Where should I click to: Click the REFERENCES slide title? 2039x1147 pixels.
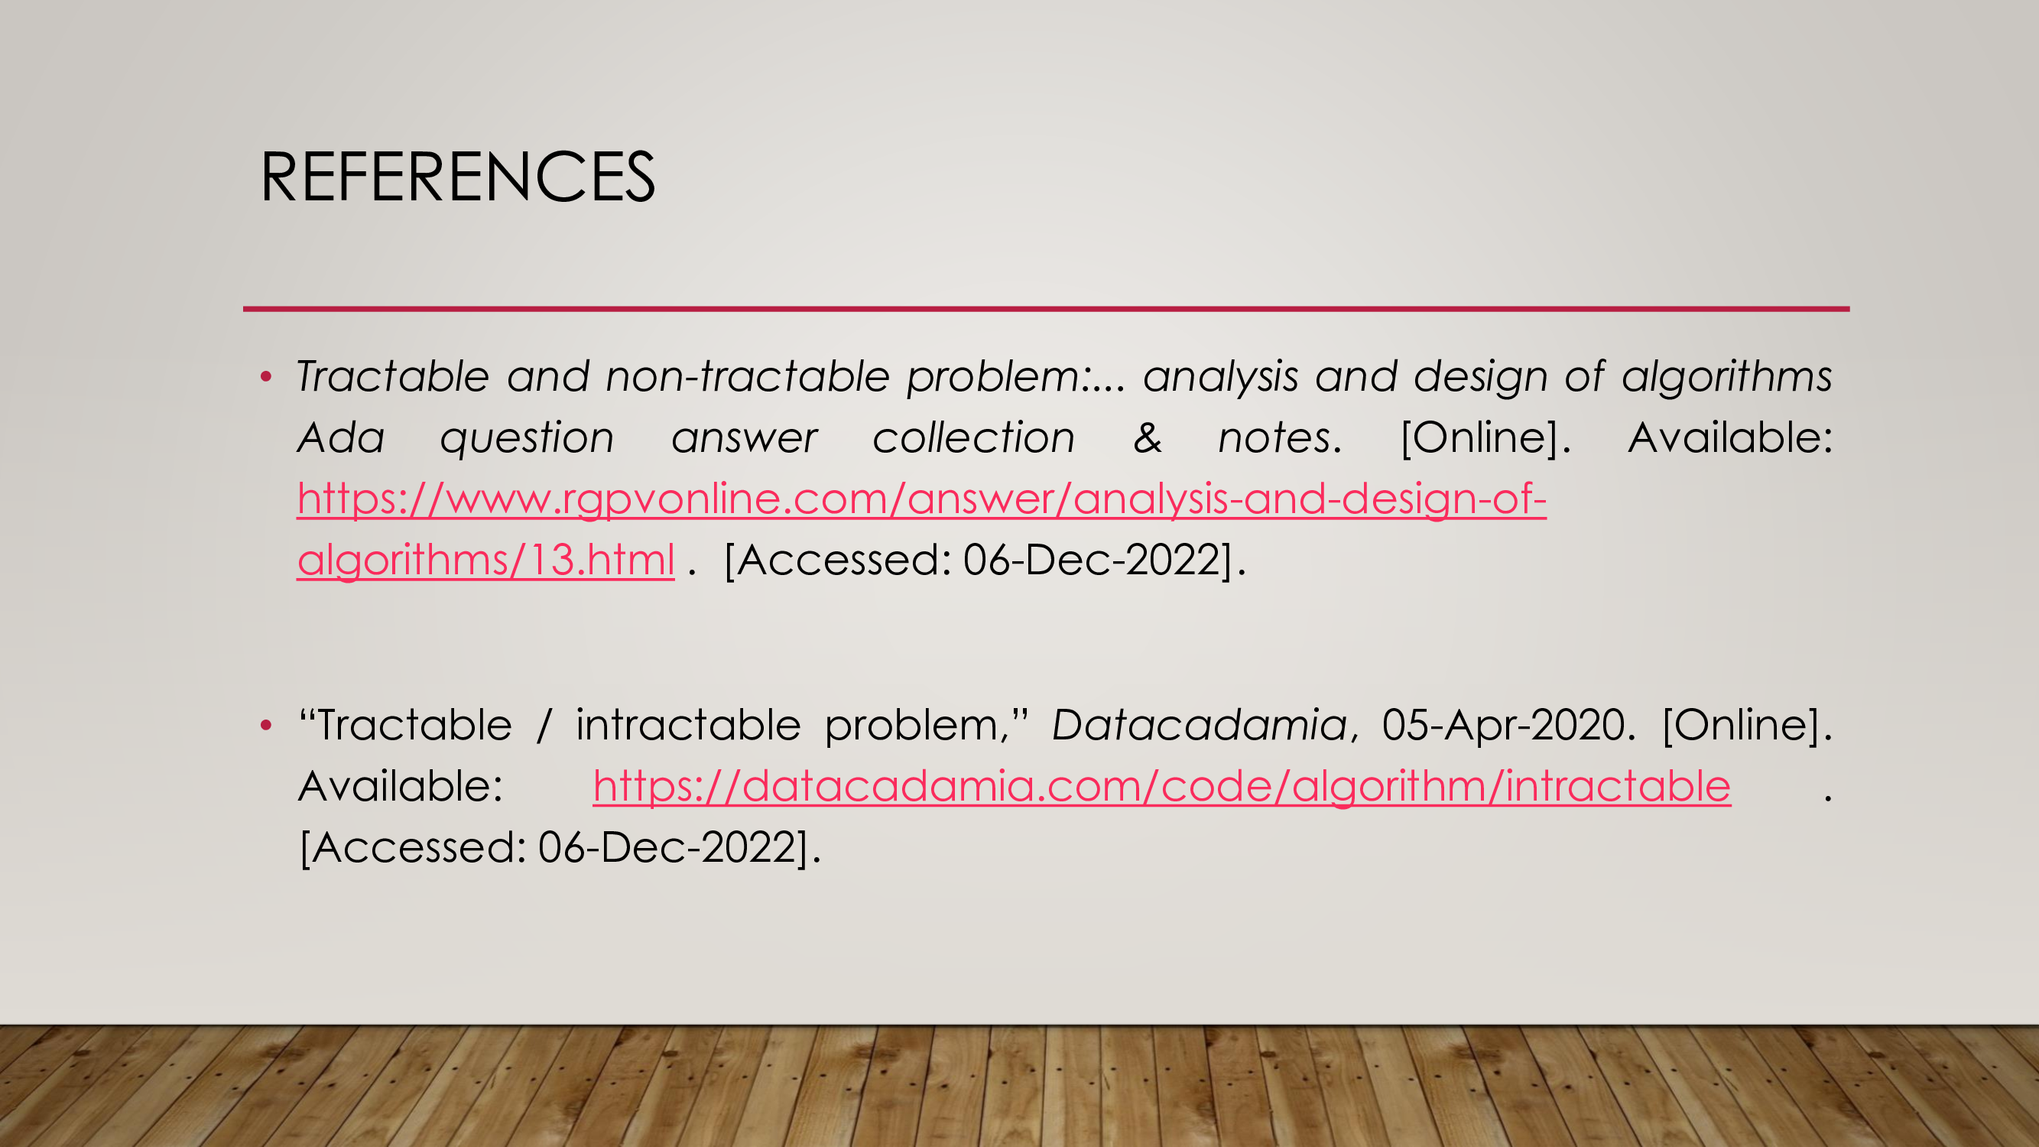pyautogui.click(x=457, y=177)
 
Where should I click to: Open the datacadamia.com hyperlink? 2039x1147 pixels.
pyautogui.click(x=1162, y=787)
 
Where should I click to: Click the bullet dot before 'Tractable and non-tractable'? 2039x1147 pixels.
pyautogui.click(x=266, y=377)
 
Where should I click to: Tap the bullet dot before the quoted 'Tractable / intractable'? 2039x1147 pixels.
pyautogui.click(x=266, y=724)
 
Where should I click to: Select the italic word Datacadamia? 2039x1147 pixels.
pyautogui.click(x=1200, y=725)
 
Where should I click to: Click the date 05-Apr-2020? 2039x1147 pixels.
pyautogui.click(x=1503, y=725)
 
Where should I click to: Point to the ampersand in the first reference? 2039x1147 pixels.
pyautogui.click(x=1148, y=437)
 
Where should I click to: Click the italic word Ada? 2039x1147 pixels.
pyautogui.click(x=341, y=437)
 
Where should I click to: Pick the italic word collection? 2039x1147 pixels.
pyautogui.click(x=973, y=437)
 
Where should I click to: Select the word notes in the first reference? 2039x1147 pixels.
pyautogui.click(x=1274, y=437)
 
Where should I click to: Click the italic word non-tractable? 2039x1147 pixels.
pyautogui.click(x=747, y=376)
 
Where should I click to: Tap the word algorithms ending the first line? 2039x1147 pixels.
pyautogui.click(x=1726, y=378)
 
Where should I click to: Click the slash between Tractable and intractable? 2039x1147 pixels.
pyautogui.click(x=544, y=725)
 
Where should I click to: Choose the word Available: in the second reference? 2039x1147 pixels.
pyautogui.click(x=401, y=787)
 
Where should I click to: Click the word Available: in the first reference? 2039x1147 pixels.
pyautogui.click(x=1730, y=437)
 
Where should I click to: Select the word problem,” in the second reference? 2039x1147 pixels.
pyautogui.click(x=926, y=726)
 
